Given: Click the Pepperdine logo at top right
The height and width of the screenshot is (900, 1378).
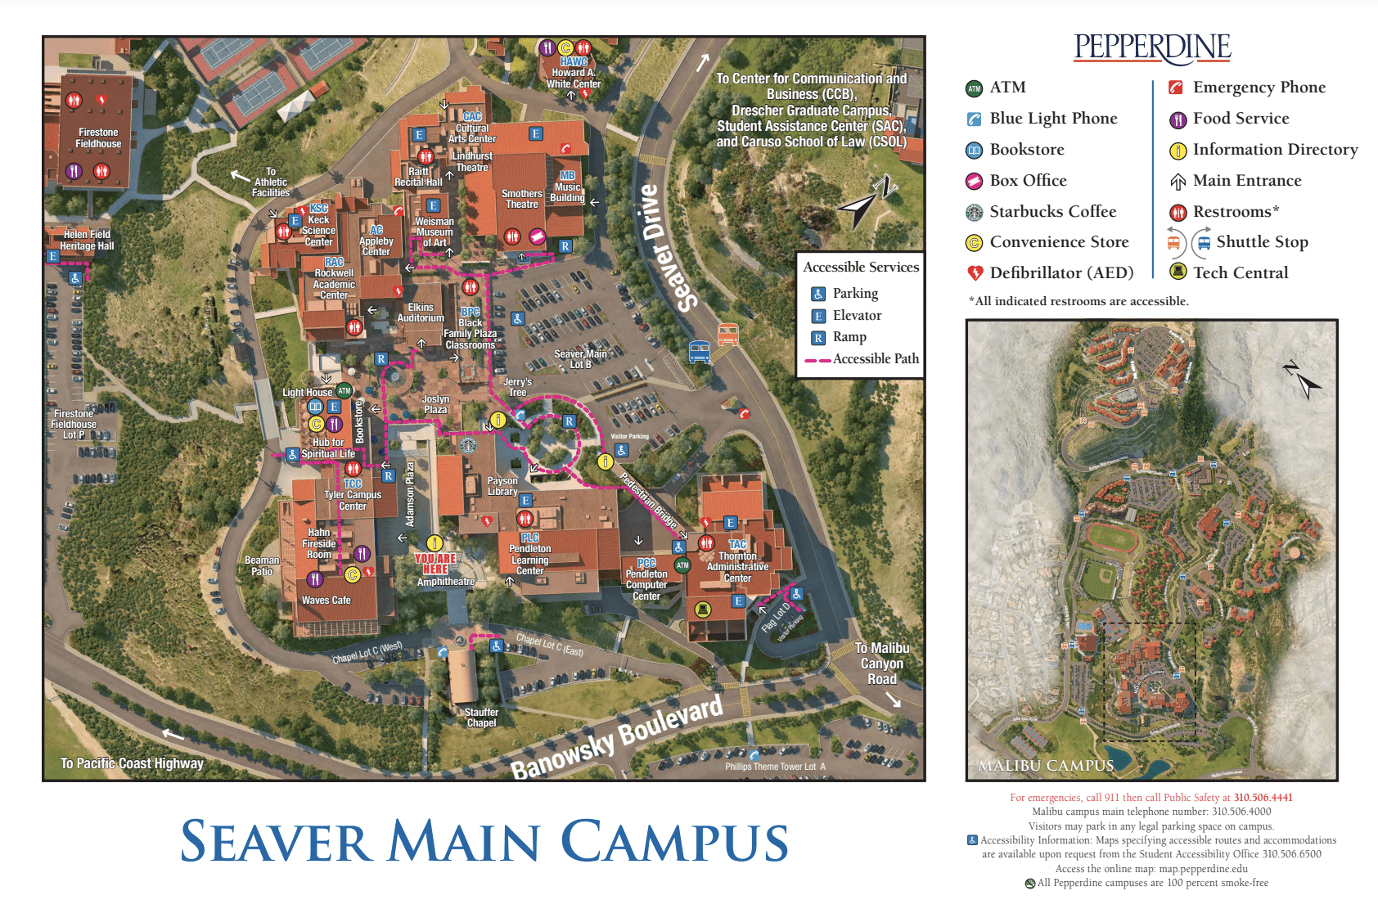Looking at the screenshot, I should click(x=1152, y=47).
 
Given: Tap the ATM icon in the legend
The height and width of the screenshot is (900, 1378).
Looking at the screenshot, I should click(x=974, y=88).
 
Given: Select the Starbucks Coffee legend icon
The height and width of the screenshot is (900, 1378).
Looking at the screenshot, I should click(x=974, y=212).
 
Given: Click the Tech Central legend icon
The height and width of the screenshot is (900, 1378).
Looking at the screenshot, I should click(x=1178, y=272).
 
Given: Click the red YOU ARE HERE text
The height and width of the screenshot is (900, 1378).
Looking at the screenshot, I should click(x=435, y=564).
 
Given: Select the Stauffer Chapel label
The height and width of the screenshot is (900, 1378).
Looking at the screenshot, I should click(x=481, y=718).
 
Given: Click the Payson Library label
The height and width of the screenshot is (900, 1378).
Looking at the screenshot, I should click(x=502, y=486).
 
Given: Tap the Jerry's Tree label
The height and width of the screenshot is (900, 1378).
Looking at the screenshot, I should click(x=517, y=387).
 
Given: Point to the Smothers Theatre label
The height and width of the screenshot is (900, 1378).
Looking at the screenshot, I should click(x=521, y=199).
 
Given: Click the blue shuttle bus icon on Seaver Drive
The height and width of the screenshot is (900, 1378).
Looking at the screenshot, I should click(x=699, y=352).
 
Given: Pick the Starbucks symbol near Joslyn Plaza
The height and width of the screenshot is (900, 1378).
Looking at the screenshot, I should click(x=467, y=445).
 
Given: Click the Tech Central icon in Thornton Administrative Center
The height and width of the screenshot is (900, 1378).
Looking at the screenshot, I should click(x=702, y=609).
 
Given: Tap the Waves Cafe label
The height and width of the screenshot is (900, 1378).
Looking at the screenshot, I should click(x=326, y=601).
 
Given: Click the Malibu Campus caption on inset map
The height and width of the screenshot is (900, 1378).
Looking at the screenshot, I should click(x=1046, y=766).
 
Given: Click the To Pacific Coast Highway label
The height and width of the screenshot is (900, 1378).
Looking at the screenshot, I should click(x=132, y=763).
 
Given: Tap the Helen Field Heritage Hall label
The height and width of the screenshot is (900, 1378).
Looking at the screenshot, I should click(x=87, y=240).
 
